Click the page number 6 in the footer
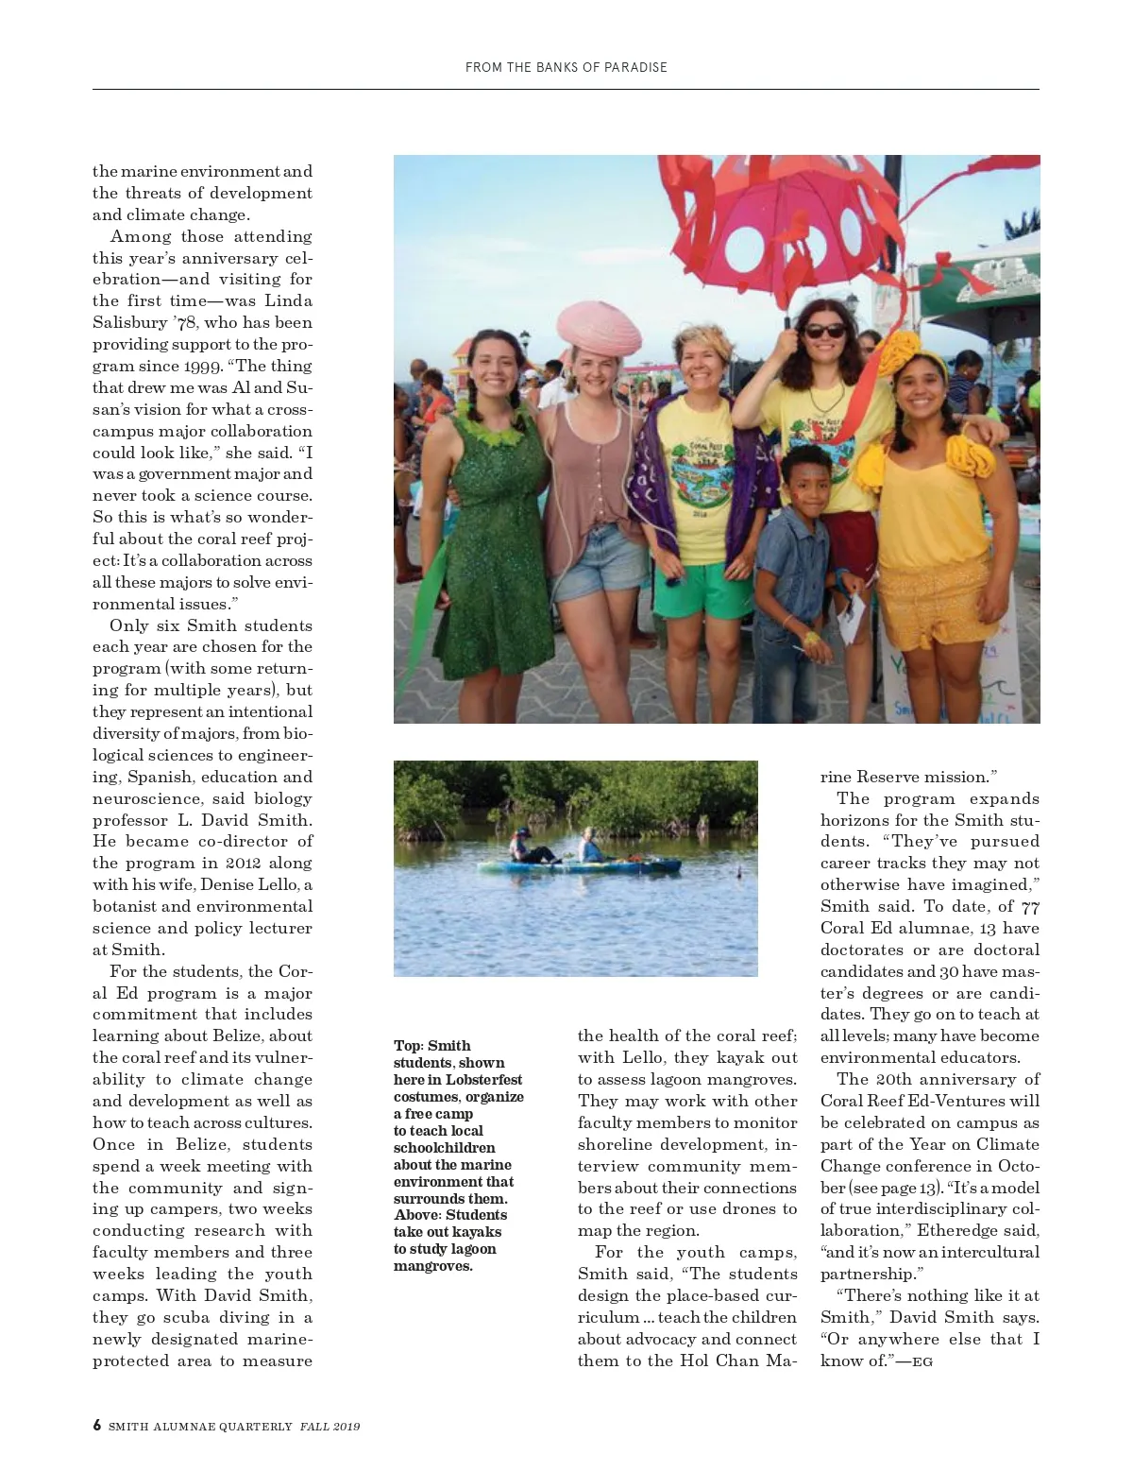point(97,1426)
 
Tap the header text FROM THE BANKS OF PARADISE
point(566,67)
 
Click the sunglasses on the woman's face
point(825,331)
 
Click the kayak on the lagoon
point(578,864)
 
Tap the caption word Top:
point(408,1046)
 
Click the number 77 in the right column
point(1030,907)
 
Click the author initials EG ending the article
point(922,1361)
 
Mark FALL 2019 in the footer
point(330,1427)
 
